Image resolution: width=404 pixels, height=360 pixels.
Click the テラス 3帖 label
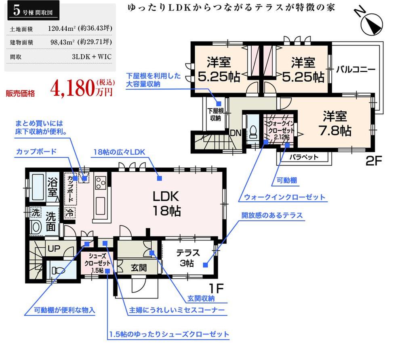point(188,258)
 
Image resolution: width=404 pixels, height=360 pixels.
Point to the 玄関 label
point(139,267)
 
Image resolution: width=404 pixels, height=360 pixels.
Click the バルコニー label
point(356,69)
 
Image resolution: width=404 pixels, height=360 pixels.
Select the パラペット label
point(304,157)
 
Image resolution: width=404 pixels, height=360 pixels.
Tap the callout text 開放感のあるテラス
point(272,215)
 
